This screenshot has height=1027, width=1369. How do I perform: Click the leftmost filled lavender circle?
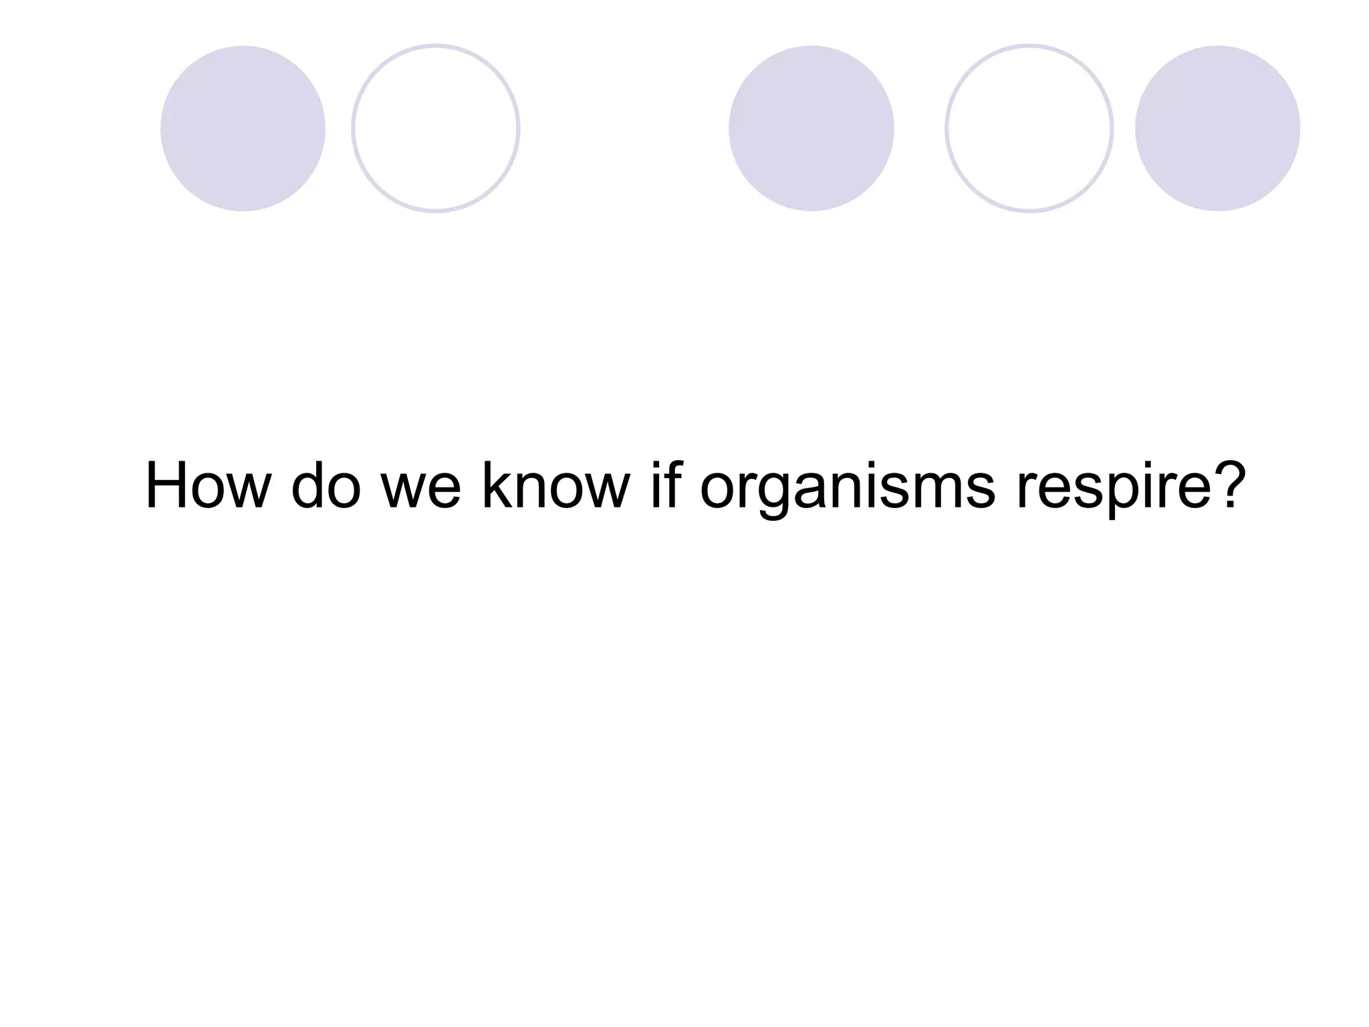click(243, 128)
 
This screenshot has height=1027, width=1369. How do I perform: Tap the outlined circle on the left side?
click(436, 128)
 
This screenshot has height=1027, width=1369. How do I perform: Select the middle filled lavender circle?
click(811, 128)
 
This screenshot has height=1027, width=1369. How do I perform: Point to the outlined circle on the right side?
click(1029, 128)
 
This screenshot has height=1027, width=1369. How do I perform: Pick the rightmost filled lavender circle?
click(1217, 128)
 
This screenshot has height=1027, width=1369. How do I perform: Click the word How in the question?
click(207, 486)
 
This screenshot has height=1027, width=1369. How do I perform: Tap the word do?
click(326, 486)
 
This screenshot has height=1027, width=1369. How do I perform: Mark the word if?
click(666, 486)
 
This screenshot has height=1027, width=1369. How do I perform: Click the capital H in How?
click(167, 486)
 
